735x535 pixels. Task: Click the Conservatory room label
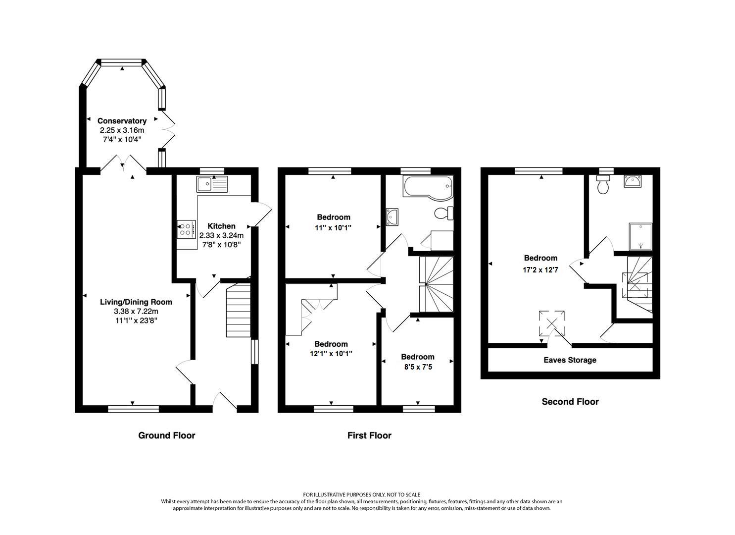pyautogui.click(x=122, y=121)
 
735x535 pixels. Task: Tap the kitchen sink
pyautogui.click(x=212, y=184)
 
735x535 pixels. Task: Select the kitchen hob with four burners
pyautogui.click(x=186, y=229)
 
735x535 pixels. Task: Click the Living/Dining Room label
pyautogui.click(x=136, y=302)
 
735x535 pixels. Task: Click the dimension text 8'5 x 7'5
pyautogui.click(x=417, y=367)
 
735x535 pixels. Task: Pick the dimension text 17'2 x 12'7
pyautogui.click(x=540, y=270)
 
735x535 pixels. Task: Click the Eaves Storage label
pyautogui.click(x=570, y=360)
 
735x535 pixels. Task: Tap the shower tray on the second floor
pyautogui.click(x=640, y=236)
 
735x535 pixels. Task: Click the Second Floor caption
pyautogui.click(x=570, y=402)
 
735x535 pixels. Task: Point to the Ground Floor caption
pyautogui.click(x=166, y=435)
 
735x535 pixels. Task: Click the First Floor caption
pyautogui.click(x=369, y=435)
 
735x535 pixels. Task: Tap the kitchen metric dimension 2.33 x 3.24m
pyautogui.click(x=221, y=235)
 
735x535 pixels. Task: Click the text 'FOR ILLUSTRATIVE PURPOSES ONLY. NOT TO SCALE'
pyautogui.click(x=361, y=494)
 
